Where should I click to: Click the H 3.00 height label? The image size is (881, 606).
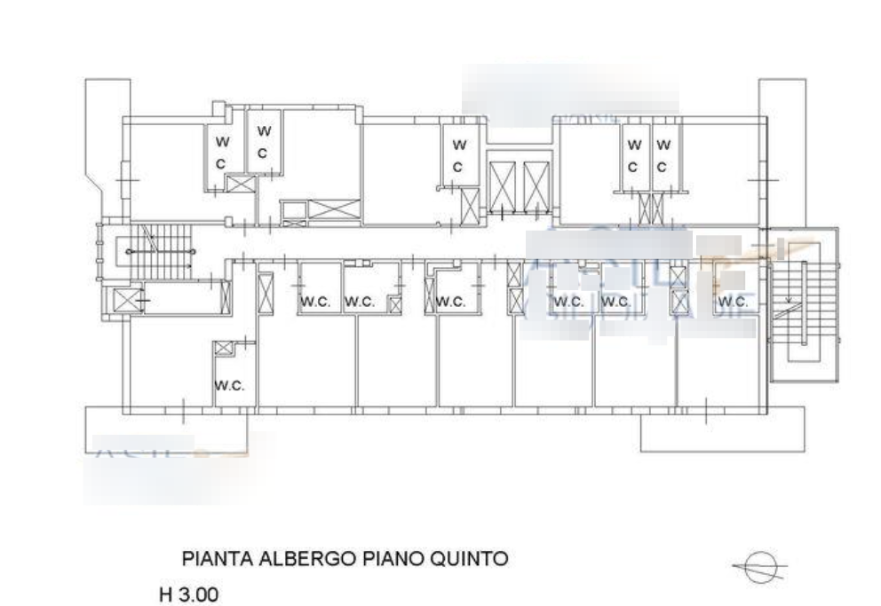pos(188,592)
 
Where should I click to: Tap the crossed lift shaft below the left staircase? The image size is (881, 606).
pos(123,300)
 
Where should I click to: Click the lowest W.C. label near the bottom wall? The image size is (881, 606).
pos(229,385)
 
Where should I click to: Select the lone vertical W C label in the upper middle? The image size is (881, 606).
pos(459,154)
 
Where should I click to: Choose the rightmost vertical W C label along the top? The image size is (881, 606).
pos(663,154)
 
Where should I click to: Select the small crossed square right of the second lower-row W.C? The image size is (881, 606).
pos(394,305)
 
